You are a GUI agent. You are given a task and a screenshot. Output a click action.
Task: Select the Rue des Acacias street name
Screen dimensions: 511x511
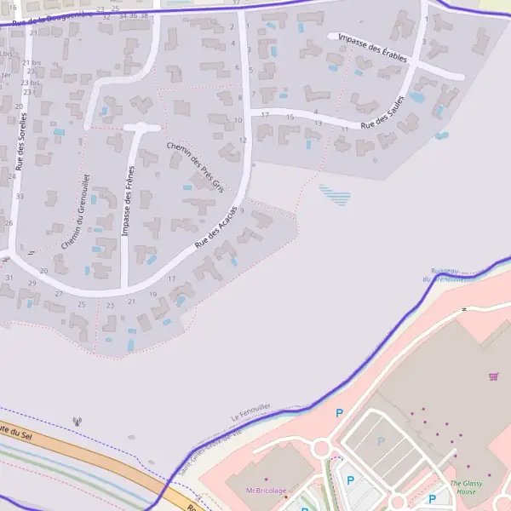(215, 228)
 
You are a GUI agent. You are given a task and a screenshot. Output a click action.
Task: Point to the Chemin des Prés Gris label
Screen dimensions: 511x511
(194, 166)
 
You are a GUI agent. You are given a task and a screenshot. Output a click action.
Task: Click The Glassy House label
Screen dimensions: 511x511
(466, 487)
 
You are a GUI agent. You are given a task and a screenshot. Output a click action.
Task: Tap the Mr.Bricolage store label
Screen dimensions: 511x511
(266, 491)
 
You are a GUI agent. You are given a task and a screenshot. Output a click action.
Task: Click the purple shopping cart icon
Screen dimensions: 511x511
(493, 376)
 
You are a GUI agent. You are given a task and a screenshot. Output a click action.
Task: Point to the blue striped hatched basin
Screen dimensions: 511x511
(335, 196)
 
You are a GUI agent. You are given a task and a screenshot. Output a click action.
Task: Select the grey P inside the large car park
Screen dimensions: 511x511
(381, 441)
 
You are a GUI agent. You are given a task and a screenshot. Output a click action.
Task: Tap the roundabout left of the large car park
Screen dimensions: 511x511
(322, 449)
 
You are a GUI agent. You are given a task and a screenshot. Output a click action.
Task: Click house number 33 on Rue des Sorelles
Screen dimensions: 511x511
(20, 196)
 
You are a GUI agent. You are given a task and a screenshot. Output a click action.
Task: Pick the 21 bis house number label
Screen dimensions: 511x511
(32, 63)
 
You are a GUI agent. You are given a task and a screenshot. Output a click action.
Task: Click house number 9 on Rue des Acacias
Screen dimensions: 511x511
(243, 210)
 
